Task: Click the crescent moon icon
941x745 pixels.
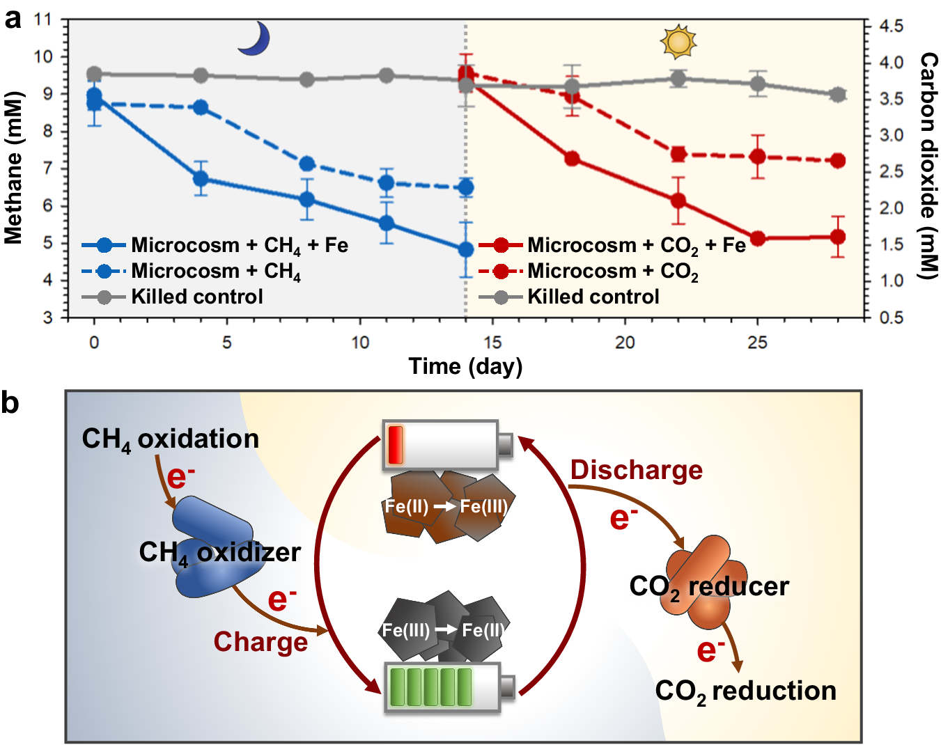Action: pyautogui.click(x=254, y=38)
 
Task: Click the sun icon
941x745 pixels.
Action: pyautogui.click(x=678, y=42)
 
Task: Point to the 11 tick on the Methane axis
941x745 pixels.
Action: pyautogui.click(x=43, y=19)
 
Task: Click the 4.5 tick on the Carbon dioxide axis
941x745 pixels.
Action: pyautogui.click(x=891, y=26)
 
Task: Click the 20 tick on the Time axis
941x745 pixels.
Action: pyautogui.click(x=625, y=342)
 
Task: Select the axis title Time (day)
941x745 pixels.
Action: pyautogui.click(x=465, y=366)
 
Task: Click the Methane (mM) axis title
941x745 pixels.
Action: pyautogui.click(x=13, y=168)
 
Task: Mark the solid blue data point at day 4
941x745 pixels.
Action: pyautogui.click(x=201, y=178)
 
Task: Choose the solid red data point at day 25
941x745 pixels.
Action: pyautogui.click(x=758, y=238)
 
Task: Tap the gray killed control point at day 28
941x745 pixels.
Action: pyautogui.click(x=838, y=95)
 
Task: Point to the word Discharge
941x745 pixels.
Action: pyautogui.click(x=636, y=470)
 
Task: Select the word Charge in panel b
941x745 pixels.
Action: pyautogui.click(x=260, y=641)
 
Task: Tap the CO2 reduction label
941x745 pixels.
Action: pyautogui.click(x=745, y=691)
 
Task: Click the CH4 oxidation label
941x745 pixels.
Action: pyautogui.click(x=171, y=439)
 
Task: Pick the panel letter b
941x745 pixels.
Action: pyautogui.click(x=10, y=402)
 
